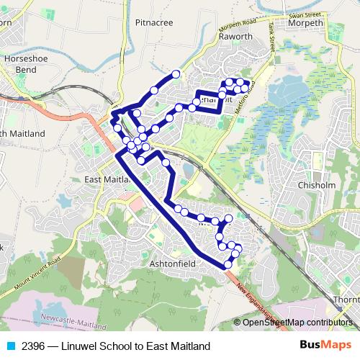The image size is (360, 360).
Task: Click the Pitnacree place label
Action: point(154,22)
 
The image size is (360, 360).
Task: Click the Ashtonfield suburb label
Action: point(172,264)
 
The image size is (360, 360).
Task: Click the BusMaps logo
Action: point(325,346)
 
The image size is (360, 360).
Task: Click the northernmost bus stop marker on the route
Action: point(175,74)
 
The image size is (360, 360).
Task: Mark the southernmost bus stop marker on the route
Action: point(228,264)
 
